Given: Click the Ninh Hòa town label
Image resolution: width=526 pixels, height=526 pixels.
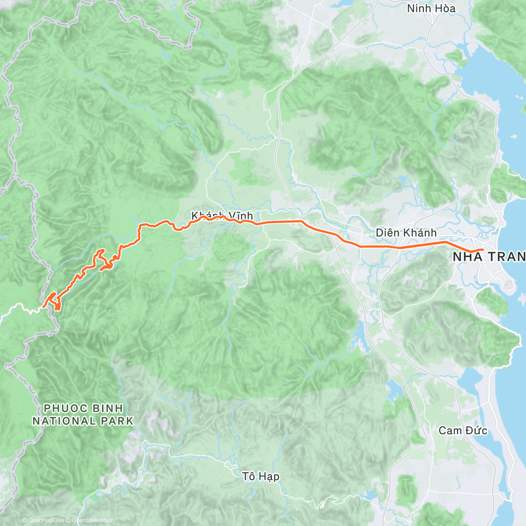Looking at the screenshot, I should coord(431,8).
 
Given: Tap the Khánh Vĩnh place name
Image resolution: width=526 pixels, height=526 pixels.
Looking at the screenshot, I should coord(222,216).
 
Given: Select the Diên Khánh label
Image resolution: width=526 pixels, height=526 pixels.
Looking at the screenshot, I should coord(406,233).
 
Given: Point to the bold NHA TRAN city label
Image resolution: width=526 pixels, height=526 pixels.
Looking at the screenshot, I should coord(489,257).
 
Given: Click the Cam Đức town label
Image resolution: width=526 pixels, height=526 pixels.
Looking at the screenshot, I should coord(462,430).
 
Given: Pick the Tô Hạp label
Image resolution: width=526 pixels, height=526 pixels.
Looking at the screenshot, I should coord(261,476).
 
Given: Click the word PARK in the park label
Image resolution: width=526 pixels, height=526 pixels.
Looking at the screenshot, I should coord(117,421).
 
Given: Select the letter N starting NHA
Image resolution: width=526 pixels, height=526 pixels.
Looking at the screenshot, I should coord(457,257).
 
